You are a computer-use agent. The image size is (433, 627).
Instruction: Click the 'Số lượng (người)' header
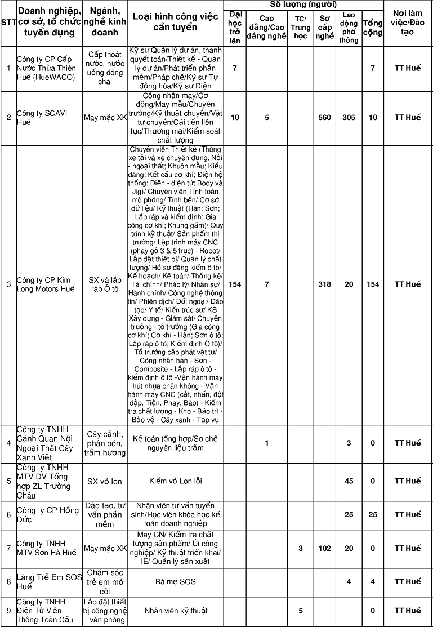coord(303,5)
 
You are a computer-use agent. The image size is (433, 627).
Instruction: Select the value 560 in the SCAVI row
coord(324,117)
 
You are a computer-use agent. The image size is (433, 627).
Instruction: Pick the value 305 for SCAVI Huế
coord(349,117)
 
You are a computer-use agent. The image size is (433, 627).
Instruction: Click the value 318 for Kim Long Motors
coord(324,284)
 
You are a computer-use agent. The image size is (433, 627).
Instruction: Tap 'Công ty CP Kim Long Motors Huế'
coord(45,284)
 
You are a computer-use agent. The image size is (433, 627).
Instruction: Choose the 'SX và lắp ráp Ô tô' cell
coord(105,284)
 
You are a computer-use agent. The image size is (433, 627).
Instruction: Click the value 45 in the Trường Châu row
coord(349,481)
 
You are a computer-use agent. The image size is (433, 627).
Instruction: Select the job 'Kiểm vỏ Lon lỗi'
coord(176,481)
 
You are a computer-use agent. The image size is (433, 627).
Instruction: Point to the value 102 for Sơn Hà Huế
coord(324,548)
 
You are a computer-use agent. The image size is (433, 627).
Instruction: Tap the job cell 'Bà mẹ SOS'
coord(176,581)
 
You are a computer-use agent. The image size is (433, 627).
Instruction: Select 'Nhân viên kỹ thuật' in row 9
coord(176,611)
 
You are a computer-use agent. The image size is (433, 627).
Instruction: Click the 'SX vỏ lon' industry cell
coord(105,481)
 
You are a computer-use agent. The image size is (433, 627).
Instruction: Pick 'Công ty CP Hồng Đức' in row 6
coord(47,514)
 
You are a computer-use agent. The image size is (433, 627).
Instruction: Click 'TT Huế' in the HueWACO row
coord(408,68)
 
